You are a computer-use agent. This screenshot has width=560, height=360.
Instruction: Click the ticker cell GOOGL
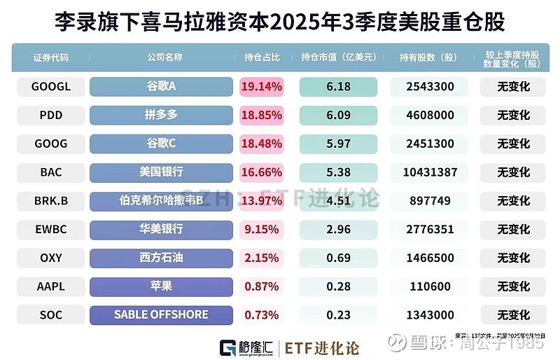[50, 87]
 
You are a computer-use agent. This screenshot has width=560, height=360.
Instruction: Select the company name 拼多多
[161, 116]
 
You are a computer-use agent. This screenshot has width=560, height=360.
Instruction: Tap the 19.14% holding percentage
[261, 87]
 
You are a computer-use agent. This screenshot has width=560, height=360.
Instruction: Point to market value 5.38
[338, 172]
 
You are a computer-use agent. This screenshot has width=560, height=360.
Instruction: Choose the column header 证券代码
[50, 57]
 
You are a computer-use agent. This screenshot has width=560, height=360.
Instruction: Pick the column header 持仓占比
[261, 57]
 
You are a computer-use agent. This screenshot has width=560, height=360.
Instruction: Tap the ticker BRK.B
[50, 201]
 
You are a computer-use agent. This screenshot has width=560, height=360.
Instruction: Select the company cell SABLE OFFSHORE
[161, 314]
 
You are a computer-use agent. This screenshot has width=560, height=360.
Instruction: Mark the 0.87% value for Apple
[261, 286]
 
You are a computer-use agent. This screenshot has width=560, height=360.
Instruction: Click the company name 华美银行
[161, 229]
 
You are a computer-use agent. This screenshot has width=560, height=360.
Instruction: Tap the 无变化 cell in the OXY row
[513, 258]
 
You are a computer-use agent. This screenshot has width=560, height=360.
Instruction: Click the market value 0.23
[338, 314]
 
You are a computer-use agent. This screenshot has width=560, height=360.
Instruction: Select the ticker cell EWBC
[50, 229]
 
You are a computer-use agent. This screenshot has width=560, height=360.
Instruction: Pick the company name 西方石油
[161, 258]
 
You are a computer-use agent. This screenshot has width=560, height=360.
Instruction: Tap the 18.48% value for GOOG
[261, 144]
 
